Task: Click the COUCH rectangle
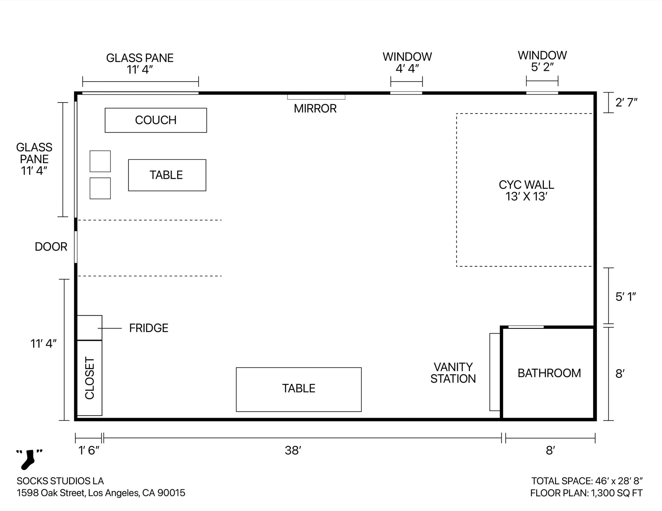[x=156, y=120]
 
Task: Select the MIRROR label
[x=315, y=109]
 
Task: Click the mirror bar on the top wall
[x=316, y=97]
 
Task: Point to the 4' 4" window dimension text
[x=407, y=69]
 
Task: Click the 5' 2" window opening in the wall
[x=542, y=93]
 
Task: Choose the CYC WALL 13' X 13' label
[x=526, y=191]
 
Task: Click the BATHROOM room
[x=549, y=373]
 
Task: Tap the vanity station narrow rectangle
[x=495, y=372]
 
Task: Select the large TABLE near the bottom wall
[x=299, y=389]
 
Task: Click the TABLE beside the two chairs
[x=167, y=175]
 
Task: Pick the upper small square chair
[x=100, y=161]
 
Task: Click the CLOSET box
[x=89, y=378]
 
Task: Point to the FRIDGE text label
[x=149, y=328]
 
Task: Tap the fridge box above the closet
[x=89, y=328]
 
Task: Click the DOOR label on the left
[x=51, y=247]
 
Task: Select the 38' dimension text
[x=293, y=450]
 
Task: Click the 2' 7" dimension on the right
[x=626, y=102]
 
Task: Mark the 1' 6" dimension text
[x=89, y=450]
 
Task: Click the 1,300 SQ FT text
[x=617, y=493]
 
